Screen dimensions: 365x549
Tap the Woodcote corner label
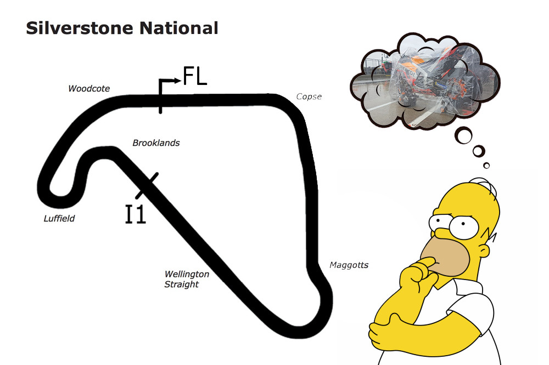[89, 88]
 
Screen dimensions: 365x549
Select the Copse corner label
[309, 97]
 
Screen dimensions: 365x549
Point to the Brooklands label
[156, 143]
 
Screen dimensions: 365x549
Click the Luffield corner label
[59, 219]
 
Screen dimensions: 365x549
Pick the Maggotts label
[349, 265]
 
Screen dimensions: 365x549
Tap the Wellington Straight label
[187, 279]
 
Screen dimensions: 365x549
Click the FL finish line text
[195, 77]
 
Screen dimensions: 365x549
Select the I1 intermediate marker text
[135, 214]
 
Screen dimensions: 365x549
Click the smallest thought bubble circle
[486, 166]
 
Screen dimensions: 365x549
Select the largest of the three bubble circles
[464, 135]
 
